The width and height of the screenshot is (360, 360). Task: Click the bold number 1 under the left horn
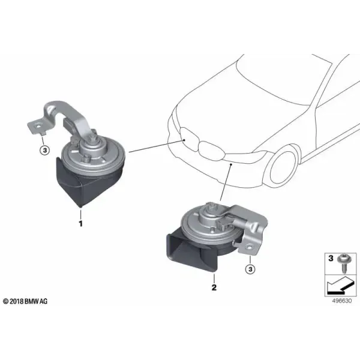pyautogui.click(x=80, y=224)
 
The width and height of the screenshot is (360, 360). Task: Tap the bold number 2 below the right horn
pyautogui.click(x=214, y=287)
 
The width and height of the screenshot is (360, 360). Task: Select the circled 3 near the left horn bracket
pyautogui.click(x=45, y=151)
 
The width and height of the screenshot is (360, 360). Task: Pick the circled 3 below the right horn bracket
pyautogui.click(x=250, y=269)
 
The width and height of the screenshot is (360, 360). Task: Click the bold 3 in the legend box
pyautogui.click(x=331, y=258)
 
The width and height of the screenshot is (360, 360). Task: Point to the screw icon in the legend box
pyautogui.click(x=343, y=264)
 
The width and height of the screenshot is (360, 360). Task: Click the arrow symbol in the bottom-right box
pyautogui.click(x=340, y=286)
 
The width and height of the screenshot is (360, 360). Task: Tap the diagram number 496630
pyautogui.click(x=341, y=301)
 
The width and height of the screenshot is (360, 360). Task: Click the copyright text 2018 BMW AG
pyautogui.click(x=25, y=301)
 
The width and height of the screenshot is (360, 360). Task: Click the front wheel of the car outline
pyautogui.click(x=283, y=168)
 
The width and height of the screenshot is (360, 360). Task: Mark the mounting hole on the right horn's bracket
pyautogui.click(x=250, y=248)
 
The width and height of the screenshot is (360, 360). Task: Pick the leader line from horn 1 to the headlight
pyautogui.click(x=157, y=146)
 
